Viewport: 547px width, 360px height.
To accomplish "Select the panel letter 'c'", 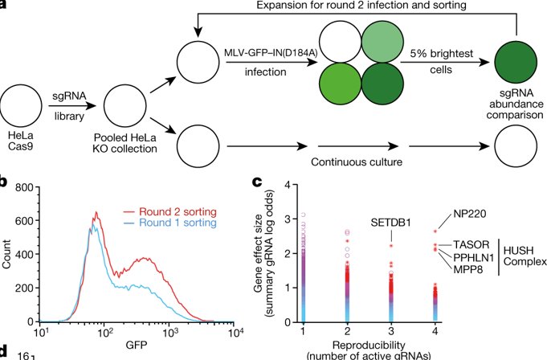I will click(x=256, y=182).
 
